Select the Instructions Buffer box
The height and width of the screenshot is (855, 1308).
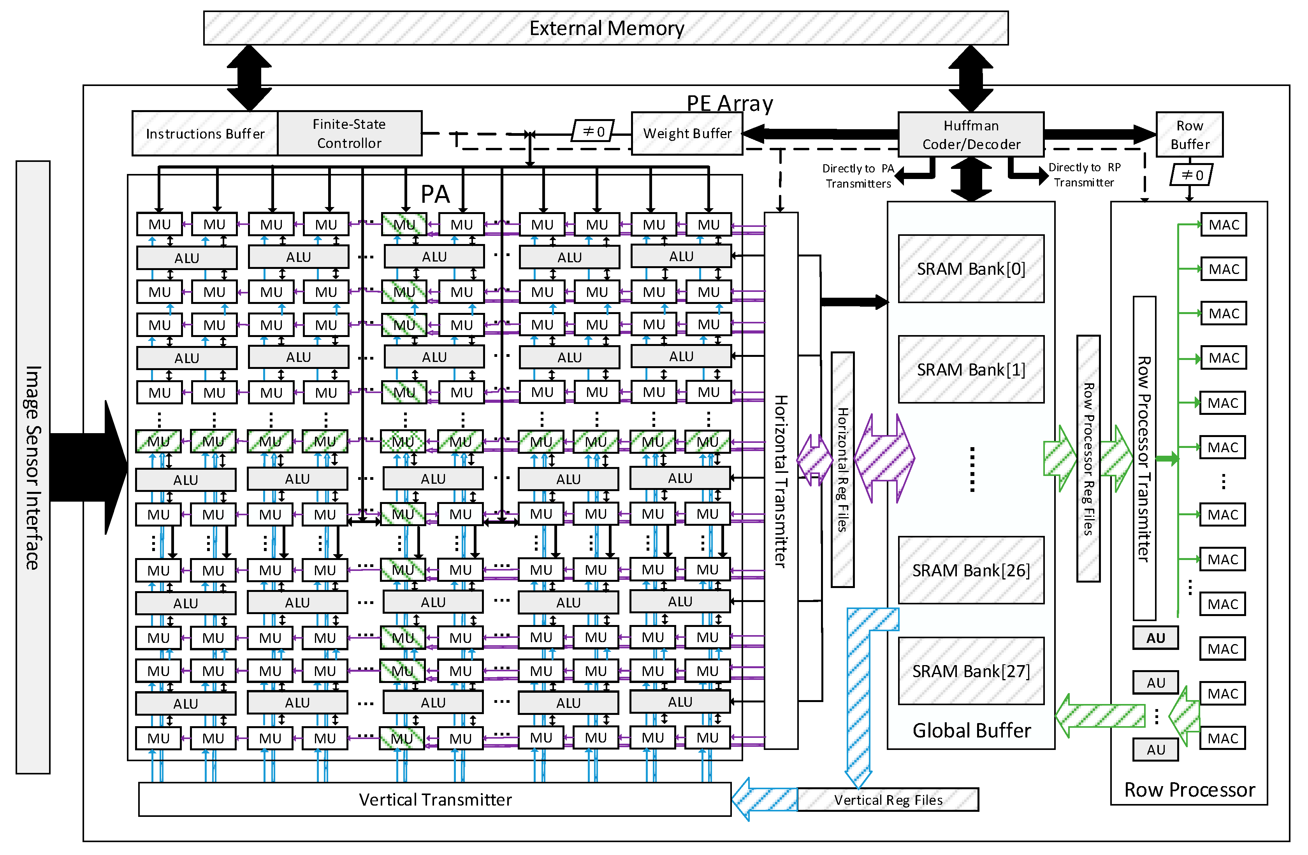pyautogui.click(x=205, y=133)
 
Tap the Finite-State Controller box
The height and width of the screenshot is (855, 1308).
pyautogui.click(x=350, y=133)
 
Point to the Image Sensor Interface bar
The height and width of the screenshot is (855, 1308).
pyautogui.click(x=33, y=467)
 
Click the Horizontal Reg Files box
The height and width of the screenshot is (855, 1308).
pyautogui.click(x=842, y=470)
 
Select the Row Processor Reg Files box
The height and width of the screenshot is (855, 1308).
pyautogui.click(x=1088, y=459)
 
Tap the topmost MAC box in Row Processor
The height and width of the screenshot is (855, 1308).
pyautogui.click(x=1224, y=225)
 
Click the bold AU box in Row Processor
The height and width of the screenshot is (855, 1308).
pyautogui.click(x=1155, y=638)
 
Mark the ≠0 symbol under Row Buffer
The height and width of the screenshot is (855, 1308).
pyautogui.click(x=1191, y=175)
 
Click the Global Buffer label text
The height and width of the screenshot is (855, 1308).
pyautogui.click(x=971, y=730)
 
